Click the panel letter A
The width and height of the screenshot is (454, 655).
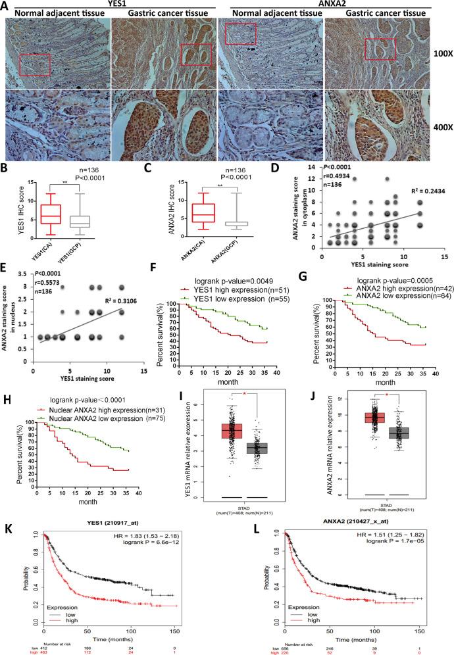tap(5, 5)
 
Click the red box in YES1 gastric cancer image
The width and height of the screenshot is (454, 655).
tap(195, 55)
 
